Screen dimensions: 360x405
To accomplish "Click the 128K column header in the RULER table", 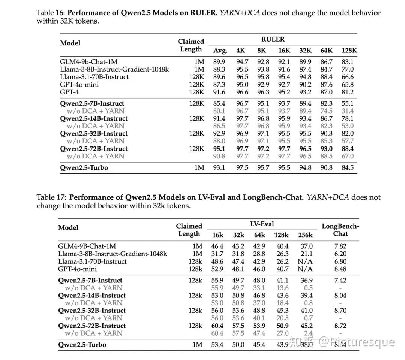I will (349, 51).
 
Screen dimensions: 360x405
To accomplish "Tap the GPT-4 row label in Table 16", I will (70, 92).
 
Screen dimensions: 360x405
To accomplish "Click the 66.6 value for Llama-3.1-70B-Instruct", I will (348, 77).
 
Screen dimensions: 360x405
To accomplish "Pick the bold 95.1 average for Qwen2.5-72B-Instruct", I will (219, 149).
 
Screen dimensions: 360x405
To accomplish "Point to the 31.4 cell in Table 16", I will (348, 111).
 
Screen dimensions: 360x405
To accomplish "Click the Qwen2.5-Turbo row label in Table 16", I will (84, 167).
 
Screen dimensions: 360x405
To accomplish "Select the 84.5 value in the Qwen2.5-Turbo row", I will (348, 167).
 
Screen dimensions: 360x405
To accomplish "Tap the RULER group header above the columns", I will (273, 39).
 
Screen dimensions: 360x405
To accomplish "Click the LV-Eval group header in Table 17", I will (262, 224).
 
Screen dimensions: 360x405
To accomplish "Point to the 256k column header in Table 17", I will (305, 235).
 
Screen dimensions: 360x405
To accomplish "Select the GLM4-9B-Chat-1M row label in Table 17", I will (87, 246).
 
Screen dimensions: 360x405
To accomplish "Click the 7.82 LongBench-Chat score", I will (340, 246).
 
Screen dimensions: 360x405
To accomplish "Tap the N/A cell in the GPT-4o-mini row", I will (305, 269).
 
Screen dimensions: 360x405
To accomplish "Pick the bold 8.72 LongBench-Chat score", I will (340, 326).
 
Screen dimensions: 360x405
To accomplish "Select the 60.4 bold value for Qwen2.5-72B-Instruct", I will (217, 326).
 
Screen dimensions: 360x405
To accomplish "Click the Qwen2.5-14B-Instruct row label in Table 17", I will (92, 295).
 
